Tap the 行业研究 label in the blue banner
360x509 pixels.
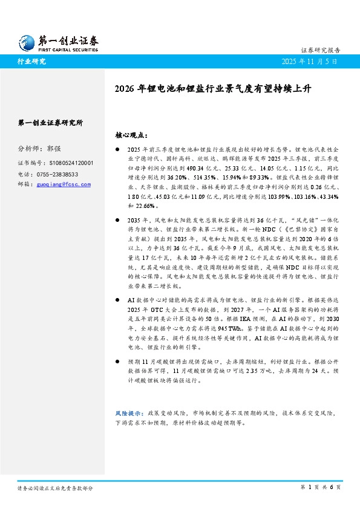pos(32,61)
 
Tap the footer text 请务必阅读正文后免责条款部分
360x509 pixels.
pos(55,487)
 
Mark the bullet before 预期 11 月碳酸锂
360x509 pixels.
pos(118,360)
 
